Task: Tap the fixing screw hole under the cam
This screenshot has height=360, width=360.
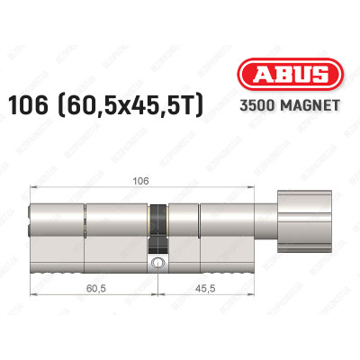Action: pos(159,264)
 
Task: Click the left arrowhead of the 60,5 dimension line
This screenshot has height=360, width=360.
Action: pos(34,296)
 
